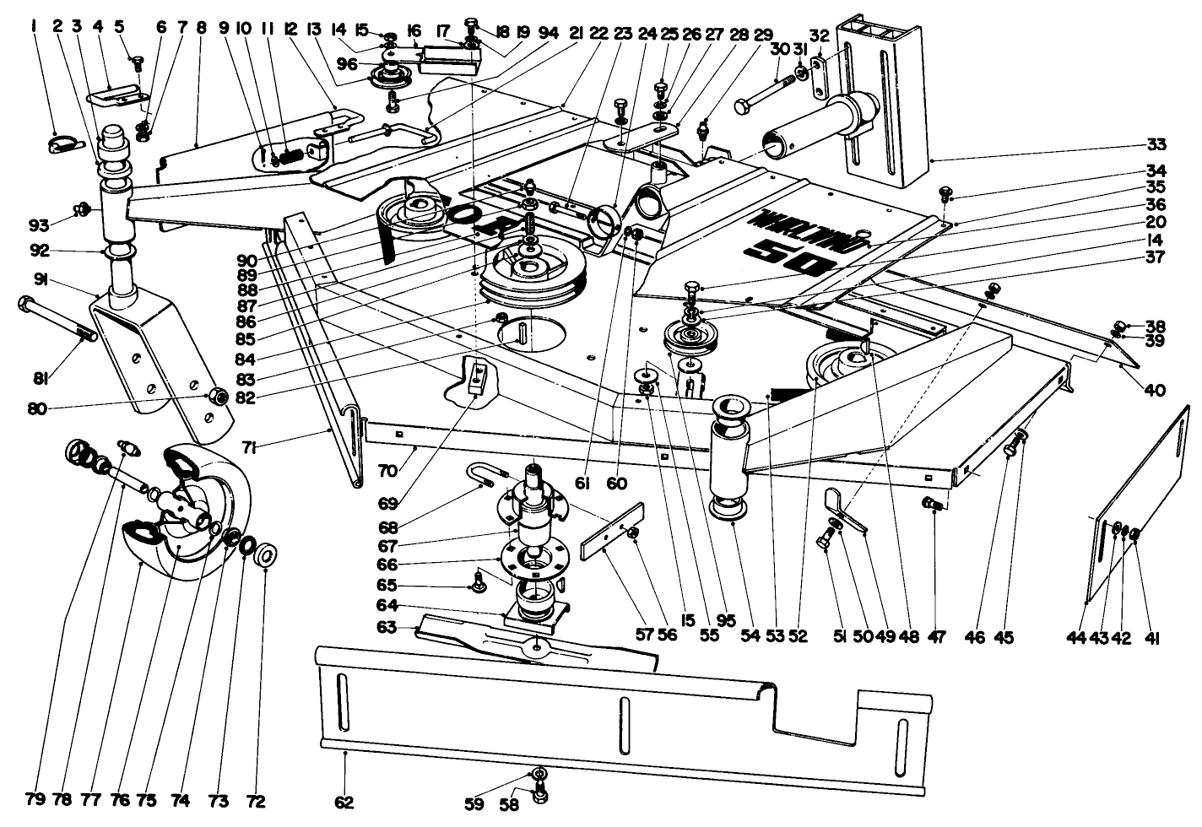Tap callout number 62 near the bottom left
(344, 802)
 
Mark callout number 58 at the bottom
(510, 806)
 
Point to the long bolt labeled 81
(59, 320)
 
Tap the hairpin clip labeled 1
(63, 145)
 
